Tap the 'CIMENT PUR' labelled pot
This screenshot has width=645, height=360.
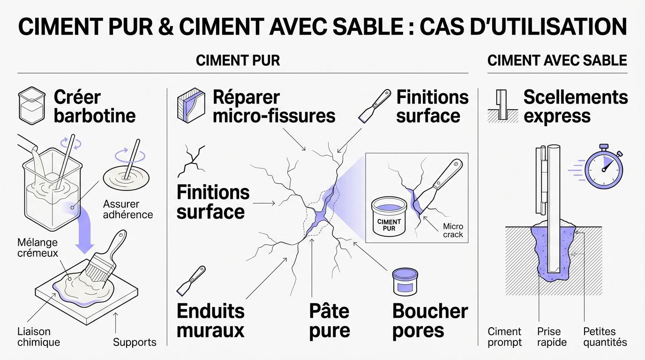click(x=389, y=218)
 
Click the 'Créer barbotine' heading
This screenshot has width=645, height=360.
click(x=95, y=106)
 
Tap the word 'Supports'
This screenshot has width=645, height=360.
click(x=135, y=342)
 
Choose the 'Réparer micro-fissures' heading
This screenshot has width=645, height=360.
click(x=274, y=106)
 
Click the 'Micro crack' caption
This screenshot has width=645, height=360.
click(x=453, y=230)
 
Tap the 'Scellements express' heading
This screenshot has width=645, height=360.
click(x=575, y=106)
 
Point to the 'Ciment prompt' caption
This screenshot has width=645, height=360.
click(x=504, y=337)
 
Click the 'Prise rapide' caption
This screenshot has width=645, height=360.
click(x=552, y=337)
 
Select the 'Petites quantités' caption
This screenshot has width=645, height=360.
click(x=605, y=337)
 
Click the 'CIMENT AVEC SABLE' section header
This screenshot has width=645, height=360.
click(x=557, y=60)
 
